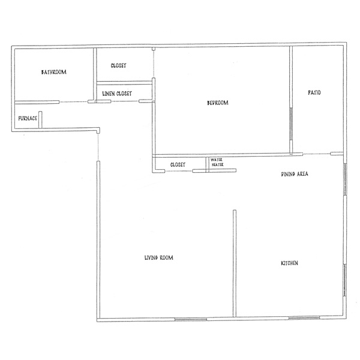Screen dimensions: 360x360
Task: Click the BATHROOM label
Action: (54, 72)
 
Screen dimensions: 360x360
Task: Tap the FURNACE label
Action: (28, 118)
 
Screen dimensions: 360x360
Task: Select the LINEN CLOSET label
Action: (117, 94)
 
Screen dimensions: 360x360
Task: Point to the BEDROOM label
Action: (218, 103)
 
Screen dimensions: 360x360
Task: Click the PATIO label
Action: (314, 92)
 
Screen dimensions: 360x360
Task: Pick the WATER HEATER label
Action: (217, 162)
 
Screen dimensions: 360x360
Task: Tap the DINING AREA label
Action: (295, 174)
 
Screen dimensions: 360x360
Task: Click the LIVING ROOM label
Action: (159, 257)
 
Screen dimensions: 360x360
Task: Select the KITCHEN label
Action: (289, 263)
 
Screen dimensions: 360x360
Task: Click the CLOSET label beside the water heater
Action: (178, 164)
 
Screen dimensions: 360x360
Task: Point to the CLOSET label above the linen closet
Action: (118, 65)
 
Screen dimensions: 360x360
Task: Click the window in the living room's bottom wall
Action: (191, 319)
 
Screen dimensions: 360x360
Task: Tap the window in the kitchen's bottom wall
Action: (304, 318)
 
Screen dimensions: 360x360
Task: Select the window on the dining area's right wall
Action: (344, 179)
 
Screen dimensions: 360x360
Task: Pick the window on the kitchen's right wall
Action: (344, 280)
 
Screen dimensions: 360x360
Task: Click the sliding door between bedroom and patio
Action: (290, 124)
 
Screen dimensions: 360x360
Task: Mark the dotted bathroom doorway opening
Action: (73, 102)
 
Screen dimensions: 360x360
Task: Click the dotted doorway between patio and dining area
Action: (316, 154)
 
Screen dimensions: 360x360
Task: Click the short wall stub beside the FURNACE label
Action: (40, 119)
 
